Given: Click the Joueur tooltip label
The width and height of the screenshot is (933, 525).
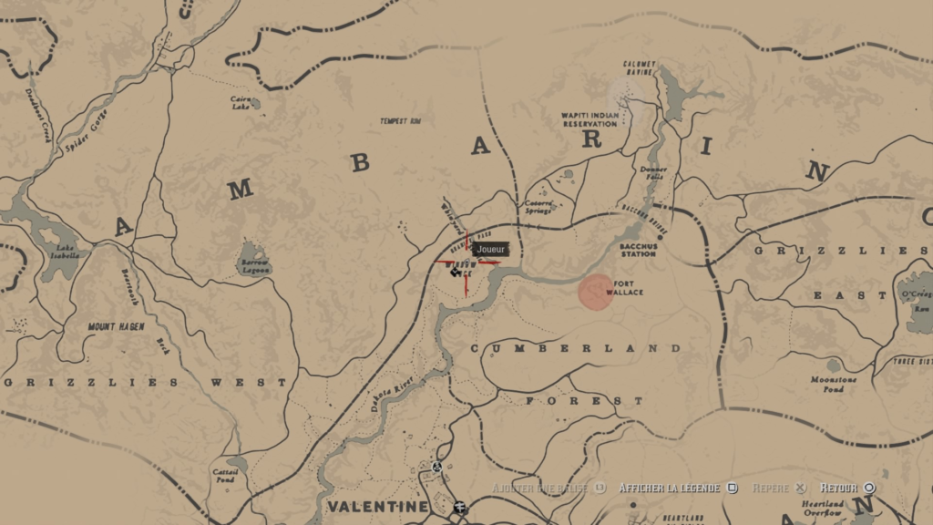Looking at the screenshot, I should (490, 249).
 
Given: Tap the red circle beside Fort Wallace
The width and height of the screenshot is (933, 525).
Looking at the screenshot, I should (596, 292).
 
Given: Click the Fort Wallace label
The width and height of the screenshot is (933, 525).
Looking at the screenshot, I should (630, 288).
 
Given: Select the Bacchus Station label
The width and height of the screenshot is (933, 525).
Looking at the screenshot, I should (638, 250).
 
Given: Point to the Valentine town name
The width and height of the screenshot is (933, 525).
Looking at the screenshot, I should (377, 507).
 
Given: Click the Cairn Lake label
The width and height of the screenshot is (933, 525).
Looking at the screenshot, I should (241, 103).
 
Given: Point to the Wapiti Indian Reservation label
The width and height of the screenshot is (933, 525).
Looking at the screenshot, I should (589, 119).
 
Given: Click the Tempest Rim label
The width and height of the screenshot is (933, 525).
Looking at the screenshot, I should (401, 121).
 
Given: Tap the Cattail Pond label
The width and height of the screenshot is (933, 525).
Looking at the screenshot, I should (224, 475).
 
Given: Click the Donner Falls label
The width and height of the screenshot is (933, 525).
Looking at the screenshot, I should (653, 172).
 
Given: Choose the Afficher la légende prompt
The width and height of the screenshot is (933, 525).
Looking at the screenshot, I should (670, 489).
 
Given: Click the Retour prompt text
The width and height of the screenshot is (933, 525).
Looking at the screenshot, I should (839, 489).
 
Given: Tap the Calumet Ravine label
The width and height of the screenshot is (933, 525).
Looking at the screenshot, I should (640, 67).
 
